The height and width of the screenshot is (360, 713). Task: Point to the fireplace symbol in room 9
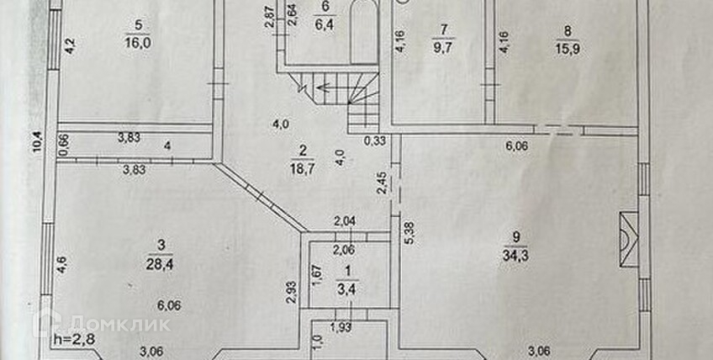(x=625, y=240)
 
